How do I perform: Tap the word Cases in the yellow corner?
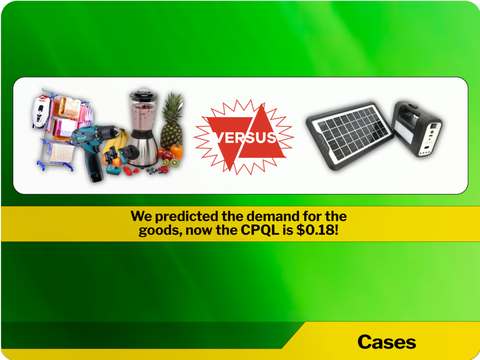387,342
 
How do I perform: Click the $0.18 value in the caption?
317,230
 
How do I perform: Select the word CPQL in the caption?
260,230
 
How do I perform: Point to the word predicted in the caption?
187,217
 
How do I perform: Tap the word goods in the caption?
160,231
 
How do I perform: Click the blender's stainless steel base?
143,149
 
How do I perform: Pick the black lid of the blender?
143,93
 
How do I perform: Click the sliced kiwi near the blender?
173,163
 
